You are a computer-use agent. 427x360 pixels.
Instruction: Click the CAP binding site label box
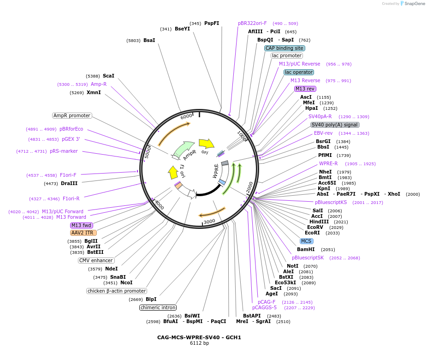pos(285,48)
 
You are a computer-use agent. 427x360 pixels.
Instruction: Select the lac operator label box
pos(299,72)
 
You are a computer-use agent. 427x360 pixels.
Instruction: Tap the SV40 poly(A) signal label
pos(335,125)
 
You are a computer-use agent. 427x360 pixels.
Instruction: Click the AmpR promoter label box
pos(72,115)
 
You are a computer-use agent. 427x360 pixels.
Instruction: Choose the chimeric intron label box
pos(158,307)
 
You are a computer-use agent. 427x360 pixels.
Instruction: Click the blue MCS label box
pos(306,241)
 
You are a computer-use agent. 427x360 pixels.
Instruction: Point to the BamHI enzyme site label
pos(306,249)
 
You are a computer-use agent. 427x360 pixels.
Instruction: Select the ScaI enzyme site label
pos(108,76)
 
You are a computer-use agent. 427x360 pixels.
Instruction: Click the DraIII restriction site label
pos(69,183)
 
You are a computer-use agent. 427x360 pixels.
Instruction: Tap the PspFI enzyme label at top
pos(212,23)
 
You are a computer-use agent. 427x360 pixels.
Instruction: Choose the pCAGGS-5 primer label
pos(264,307)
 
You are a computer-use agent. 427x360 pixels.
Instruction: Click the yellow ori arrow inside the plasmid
pos(206,144)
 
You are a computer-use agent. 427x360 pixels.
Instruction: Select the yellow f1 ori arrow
pos(173,172)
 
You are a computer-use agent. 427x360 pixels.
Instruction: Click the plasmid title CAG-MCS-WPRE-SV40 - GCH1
pos(199,337)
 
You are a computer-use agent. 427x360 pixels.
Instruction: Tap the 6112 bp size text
pos(199,343)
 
